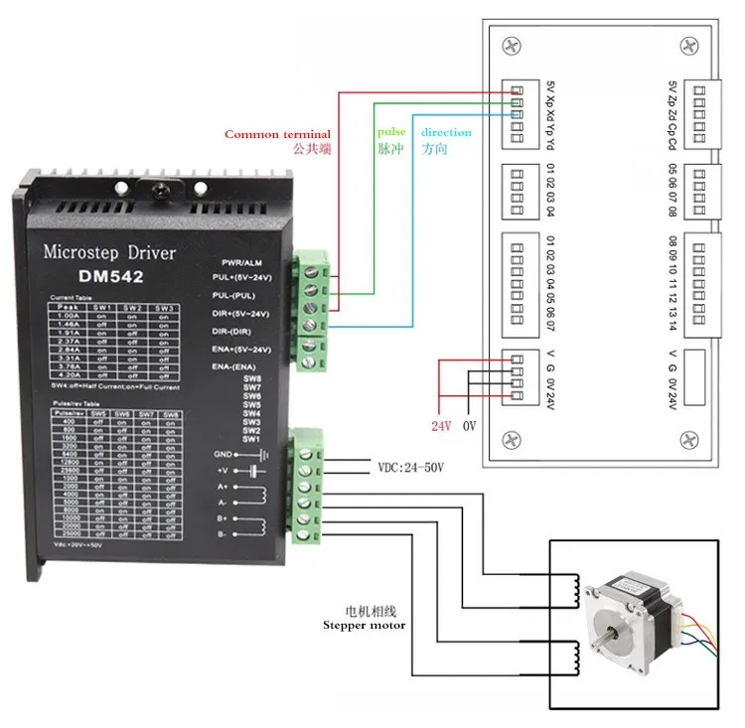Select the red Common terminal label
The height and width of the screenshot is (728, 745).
tap(277, 134)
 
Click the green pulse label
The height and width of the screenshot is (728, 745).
tap(391, 132)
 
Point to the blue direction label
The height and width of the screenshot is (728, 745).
tap(446, 132)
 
